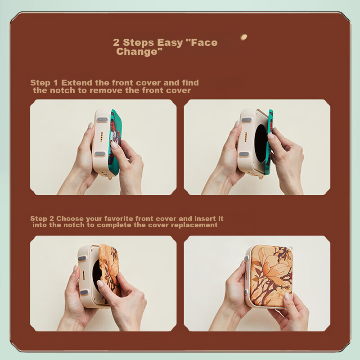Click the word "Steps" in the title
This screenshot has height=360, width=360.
[139, 43]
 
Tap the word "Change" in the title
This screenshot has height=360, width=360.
[137, 51]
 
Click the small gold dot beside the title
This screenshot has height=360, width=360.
[243, 37]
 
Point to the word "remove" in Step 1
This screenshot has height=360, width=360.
[106, 90]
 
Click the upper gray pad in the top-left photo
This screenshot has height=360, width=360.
[102, 120]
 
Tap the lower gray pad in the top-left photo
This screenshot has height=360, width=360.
[100, 153]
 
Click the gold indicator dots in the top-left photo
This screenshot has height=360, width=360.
[101, 137]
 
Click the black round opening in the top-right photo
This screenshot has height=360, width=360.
[261, 144]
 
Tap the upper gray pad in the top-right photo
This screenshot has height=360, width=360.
[246, 120]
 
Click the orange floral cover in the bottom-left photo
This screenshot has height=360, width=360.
[110, 273]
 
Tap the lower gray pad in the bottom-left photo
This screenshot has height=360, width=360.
[84, 292]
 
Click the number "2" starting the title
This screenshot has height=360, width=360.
[116, 43]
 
